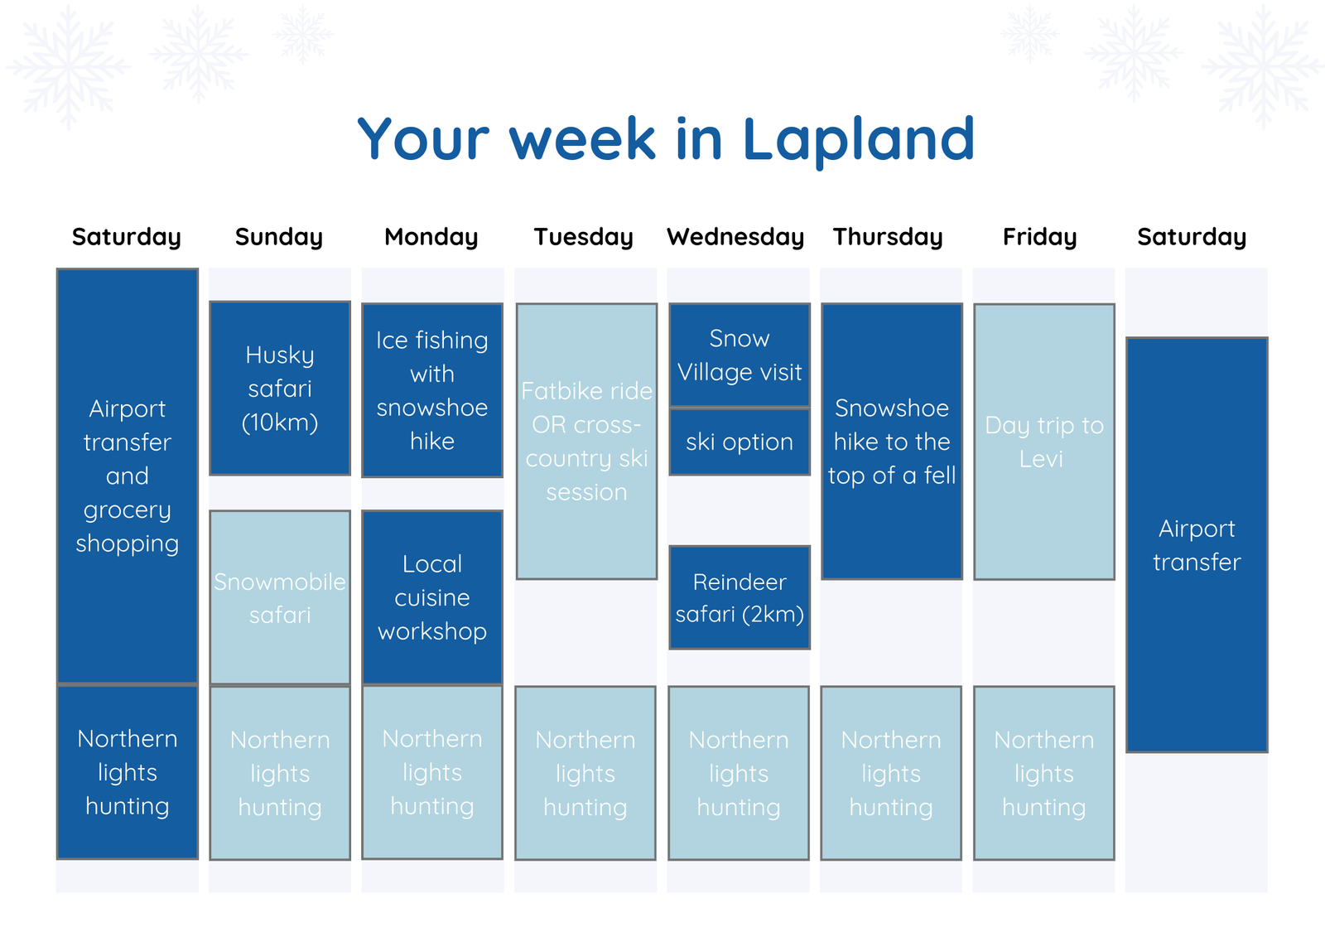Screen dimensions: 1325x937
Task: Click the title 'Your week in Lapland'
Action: pos(666,140)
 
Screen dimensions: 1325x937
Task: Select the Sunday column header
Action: pos(279,238)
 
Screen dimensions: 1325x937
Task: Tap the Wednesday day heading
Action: pos(735,238)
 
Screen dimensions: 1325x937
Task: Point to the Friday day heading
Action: pos(1039,238)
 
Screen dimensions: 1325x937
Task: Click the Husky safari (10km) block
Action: pos(280,389)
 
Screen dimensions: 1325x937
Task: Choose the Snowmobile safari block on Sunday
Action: pos(280,598)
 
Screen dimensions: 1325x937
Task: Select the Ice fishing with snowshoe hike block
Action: pos(432,390)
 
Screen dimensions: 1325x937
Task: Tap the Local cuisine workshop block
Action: pos(432,598)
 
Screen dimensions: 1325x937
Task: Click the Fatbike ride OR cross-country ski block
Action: pos(587,442)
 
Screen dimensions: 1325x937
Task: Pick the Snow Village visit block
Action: pos(740,355)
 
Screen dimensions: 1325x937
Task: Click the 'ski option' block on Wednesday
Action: pos(740,442)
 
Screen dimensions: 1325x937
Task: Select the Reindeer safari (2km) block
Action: pos(740,598)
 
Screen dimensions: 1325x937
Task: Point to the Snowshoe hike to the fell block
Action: pos(892,442)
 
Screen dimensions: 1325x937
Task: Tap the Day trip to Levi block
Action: pos(1044,442)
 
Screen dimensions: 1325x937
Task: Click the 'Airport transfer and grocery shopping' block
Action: pos(128,476)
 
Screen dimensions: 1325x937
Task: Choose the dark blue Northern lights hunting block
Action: pos(128,772)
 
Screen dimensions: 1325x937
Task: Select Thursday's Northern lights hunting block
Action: pos(891,773)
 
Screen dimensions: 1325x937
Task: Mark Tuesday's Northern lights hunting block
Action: pos(585,773)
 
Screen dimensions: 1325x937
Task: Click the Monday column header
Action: pos(431,238)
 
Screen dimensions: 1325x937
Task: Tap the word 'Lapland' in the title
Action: pos(858,140)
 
